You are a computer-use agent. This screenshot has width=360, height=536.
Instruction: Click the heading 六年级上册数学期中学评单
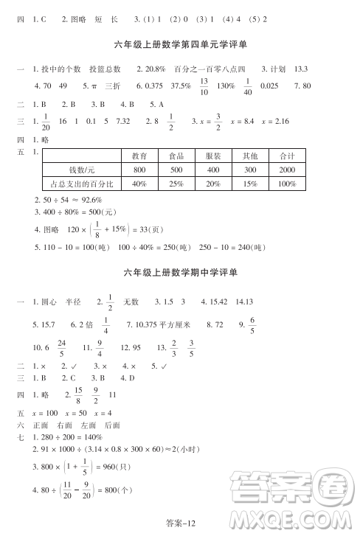[181, 273]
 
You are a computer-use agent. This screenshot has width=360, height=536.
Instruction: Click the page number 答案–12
[179, 523]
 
